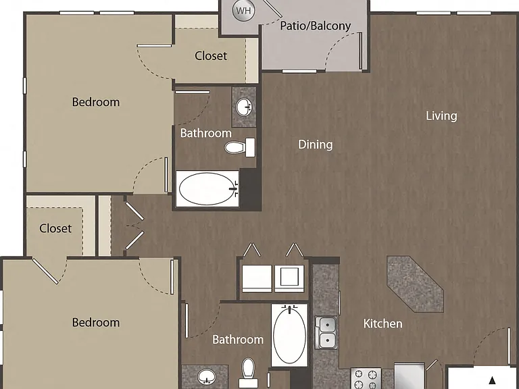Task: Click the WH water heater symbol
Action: point(243,11)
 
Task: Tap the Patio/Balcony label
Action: point(315,26)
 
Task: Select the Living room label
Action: point(441,115)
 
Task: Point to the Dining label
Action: point(315,145)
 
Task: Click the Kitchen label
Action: point(382,323)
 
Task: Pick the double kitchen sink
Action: point(326,332)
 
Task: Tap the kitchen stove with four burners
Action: point(366,379)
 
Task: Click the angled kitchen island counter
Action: point(415,284)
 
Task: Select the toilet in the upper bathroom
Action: point(240,147)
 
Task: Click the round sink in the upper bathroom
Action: point(244,107)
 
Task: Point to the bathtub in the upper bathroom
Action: point(207,189)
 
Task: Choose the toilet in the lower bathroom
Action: point(248,373)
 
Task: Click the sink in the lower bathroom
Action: point(207,377)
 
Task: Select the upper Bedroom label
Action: point(96,102)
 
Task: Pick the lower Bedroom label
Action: point(96,323)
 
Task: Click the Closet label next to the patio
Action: point(211,55)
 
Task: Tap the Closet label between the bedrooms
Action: point(55,228)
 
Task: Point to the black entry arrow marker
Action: point(492,380)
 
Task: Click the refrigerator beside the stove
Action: point(409,376)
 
